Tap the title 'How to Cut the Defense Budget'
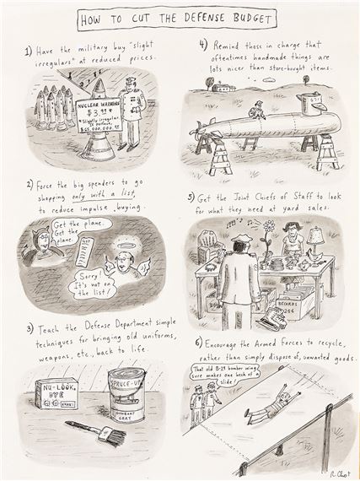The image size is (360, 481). coord(179,17)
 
